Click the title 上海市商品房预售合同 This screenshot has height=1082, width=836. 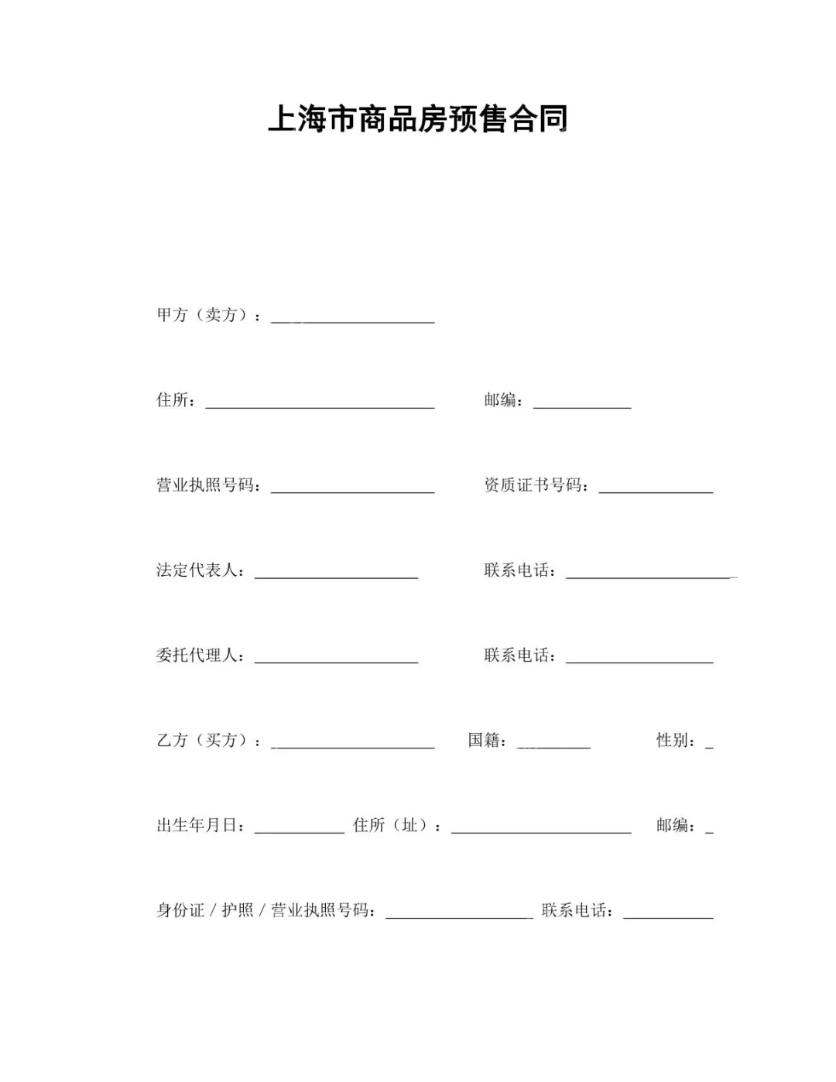[418, 120]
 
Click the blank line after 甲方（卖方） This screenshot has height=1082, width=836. [352, 317]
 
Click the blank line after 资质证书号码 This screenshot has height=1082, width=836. [656, 488]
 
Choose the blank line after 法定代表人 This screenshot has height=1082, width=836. [336, 573]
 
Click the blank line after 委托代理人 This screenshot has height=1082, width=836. [336, 658]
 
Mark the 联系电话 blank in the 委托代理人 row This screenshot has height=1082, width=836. [639, 658]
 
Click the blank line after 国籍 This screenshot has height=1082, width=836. [553, 743]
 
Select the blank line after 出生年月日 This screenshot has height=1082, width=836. [299, 828]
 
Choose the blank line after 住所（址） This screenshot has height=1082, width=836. [541, 828]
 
